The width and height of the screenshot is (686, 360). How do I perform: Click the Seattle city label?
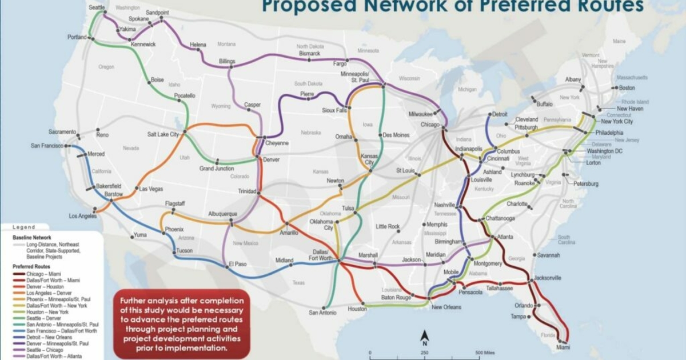click(97, 7)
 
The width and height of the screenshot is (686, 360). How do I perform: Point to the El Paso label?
click(237, 263)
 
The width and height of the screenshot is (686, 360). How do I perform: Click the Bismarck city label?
click(309, 53)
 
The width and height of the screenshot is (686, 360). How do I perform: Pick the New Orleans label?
click(446, 307)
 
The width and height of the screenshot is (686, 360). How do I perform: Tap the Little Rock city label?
click(387, 227)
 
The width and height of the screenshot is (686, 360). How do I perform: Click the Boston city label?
click(627, 88)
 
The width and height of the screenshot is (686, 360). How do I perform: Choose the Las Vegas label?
click(151, 189)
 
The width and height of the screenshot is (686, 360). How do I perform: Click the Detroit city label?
click(500, 114)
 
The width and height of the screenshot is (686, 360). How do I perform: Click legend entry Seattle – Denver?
click(38, 318)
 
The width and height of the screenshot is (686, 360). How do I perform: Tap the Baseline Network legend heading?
click(32, 237)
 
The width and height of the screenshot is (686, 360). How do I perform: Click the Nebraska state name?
click(311, 131)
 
